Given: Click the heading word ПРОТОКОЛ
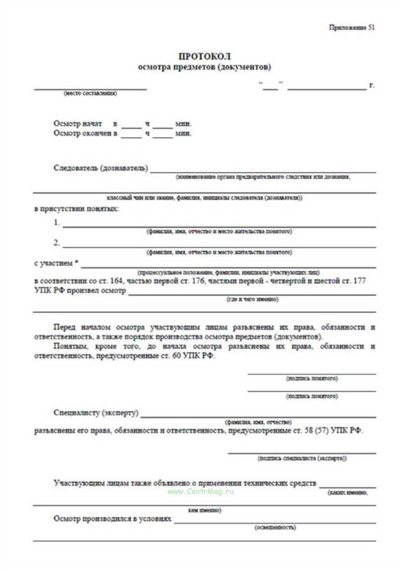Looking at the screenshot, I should (x=205, y=56).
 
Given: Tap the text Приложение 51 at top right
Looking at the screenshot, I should (x=353, y=28).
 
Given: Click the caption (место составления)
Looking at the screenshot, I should (x=90, y=94).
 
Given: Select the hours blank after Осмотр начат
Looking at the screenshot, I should (x=130, y=125).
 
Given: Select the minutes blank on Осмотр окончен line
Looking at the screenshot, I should (x=164, y=134).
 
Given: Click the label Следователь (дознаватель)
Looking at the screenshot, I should (x=101, y=169).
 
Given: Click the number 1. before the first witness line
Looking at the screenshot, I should (x=57, y=223).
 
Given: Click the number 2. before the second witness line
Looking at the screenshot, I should (x=57, y=244).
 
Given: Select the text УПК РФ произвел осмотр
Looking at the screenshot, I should (x=80, y=291).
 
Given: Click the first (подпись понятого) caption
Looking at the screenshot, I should (x=312, y=378).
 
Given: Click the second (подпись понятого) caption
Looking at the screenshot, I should (x=312, y=397).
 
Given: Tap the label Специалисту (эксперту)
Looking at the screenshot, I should (x=96, y=413).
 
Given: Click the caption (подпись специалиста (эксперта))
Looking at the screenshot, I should (x=302, y=459).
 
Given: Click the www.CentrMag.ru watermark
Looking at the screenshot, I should (x=200, y=491).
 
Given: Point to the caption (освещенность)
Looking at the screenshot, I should (x=275, y=527).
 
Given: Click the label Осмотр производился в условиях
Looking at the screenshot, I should (x=112, y=519).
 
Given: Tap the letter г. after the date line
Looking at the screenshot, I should (x=372, y=86).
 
